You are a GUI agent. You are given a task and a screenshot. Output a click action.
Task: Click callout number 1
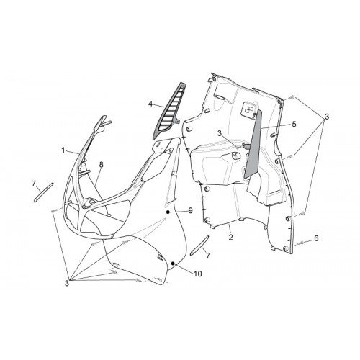click(x=63, y=150)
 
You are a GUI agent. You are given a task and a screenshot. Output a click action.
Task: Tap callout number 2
click(x=230, y=238)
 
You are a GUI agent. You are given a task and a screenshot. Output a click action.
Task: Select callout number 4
click(x=150, y=104)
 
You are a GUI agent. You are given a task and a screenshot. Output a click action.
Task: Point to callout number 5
click(x=294, y=124)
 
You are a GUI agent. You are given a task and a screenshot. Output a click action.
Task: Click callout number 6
click(x=316, y=238)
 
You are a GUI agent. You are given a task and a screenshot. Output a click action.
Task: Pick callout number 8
click(x=101, y=164)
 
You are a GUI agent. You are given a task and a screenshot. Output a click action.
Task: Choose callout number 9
click(x=190, y=210)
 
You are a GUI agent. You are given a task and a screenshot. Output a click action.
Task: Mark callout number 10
click(x=198, y=274)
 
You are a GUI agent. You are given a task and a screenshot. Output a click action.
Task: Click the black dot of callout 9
click(x=168, y=212)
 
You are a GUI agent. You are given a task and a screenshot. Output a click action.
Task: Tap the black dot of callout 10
click(x=173, y=264)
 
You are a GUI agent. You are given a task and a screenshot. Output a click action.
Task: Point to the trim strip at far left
click(x=44, y=193)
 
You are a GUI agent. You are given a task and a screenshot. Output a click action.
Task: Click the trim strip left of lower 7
click(x=199, y=246)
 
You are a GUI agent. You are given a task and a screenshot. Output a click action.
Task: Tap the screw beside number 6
click(x=300, y=243)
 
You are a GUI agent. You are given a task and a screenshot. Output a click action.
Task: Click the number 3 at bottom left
click(x=67, y=283)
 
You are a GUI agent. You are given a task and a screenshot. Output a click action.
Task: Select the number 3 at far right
click(x=326, y=117)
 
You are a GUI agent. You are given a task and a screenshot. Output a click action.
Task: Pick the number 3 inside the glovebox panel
click(x=220, y=133)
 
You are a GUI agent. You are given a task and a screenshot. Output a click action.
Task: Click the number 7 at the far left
click(x=34, y=184)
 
